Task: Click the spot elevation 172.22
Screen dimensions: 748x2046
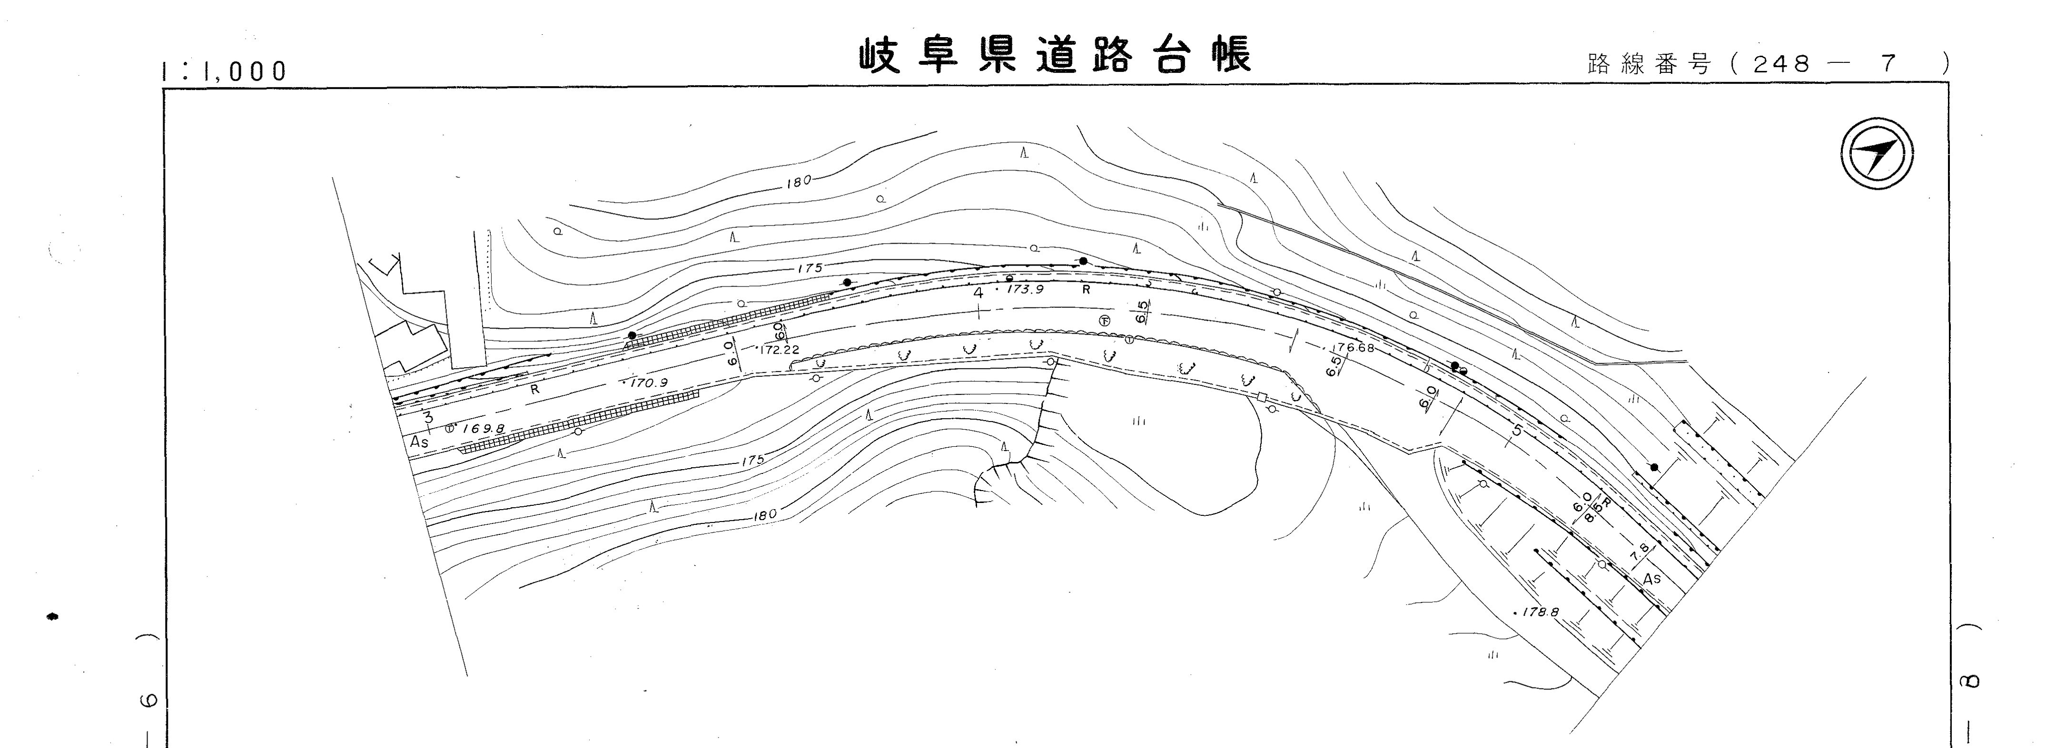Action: click(x=779, y=349)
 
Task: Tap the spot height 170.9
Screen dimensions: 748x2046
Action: click(x=649, y=383)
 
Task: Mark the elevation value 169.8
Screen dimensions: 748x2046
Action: click(x=484, y=429)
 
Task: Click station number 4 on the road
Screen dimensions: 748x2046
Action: click(x=979, y=293)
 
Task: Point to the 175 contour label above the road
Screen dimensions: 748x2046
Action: click(x=810, y=268)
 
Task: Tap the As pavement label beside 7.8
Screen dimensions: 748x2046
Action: click(x=1652, y=579)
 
